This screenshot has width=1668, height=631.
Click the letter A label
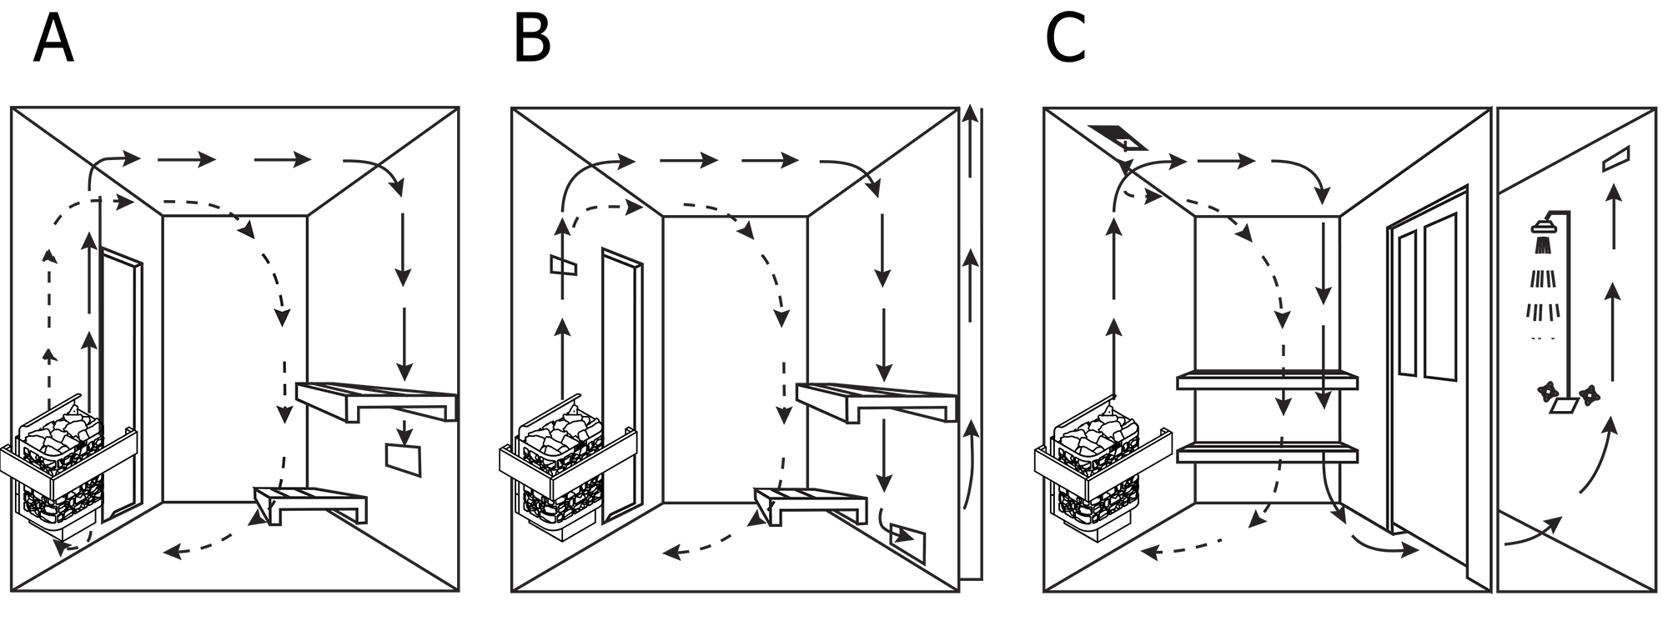point(53,41)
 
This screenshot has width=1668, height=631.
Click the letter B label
point(531,41)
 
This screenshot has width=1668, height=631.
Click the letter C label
point(1065,41)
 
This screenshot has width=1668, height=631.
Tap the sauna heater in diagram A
point(63,467)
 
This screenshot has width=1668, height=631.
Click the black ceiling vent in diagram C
point(1118,136)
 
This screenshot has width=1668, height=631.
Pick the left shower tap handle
point(1547,390)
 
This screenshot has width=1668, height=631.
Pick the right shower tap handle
point(1587,393)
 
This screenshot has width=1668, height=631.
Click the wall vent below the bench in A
point(404,459)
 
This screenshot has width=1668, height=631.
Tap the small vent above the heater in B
point(563,265)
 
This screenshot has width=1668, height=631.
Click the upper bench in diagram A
point(375,400)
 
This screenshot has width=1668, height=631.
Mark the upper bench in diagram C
point(1266,381)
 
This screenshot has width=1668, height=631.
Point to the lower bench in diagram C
point(1266,454)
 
